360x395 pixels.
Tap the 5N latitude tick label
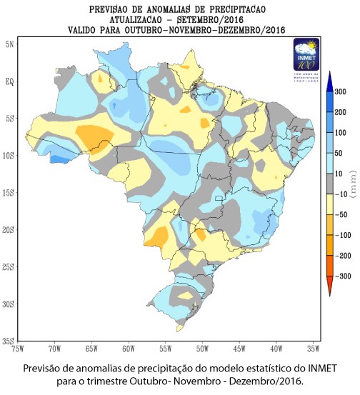[x=10, y=44]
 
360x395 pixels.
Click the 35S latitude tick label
[x=10, y=341]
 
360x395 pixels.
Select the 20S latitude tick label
[x=10, y=230]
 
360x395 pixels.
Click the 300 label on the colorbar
[x=340, y=92]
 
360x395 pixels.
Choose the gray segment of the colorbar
[x=331, y=184]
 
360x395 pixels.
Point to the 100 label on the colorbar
[x=340, y=133]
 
